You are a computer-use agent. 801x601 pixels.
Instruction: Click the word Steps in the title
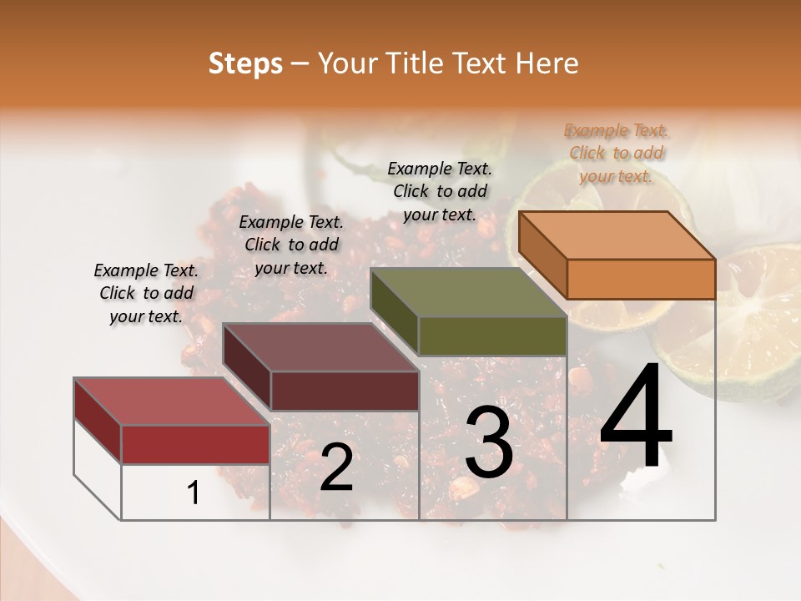point(245,64)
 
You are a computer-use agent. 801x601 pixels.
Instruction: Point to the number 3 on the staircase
point(488,443)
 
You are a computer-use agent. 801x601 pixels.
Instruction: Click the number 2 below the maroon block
point(336,467)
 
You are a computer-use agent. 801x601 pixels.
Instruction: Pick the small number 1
point(194,493)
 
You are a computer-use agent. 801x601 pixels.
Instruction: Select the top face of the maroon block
point(320,347)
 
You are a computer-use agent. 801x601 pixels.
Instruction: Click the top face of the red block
point(172,402)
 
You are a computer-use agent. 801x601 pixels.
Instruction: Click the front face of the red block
point(196,444)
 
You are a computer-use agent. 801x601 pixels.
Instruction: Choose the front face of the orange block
point(641,279)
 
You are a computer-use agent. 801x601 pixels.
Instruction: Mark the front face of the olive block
point(492,336)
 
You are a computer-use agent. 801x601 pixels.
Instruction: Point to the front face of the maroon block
point(345,391)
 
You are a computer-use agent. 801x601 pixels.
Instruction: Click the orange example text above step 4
point(616,153)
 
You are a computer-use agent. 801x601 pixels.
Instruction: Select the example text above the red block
point(146,293)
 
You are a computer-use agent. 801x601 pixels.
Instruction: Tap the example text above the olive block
point(440,191)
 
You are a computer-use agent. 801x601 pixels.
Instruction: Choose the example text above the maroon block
point(291,245)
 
